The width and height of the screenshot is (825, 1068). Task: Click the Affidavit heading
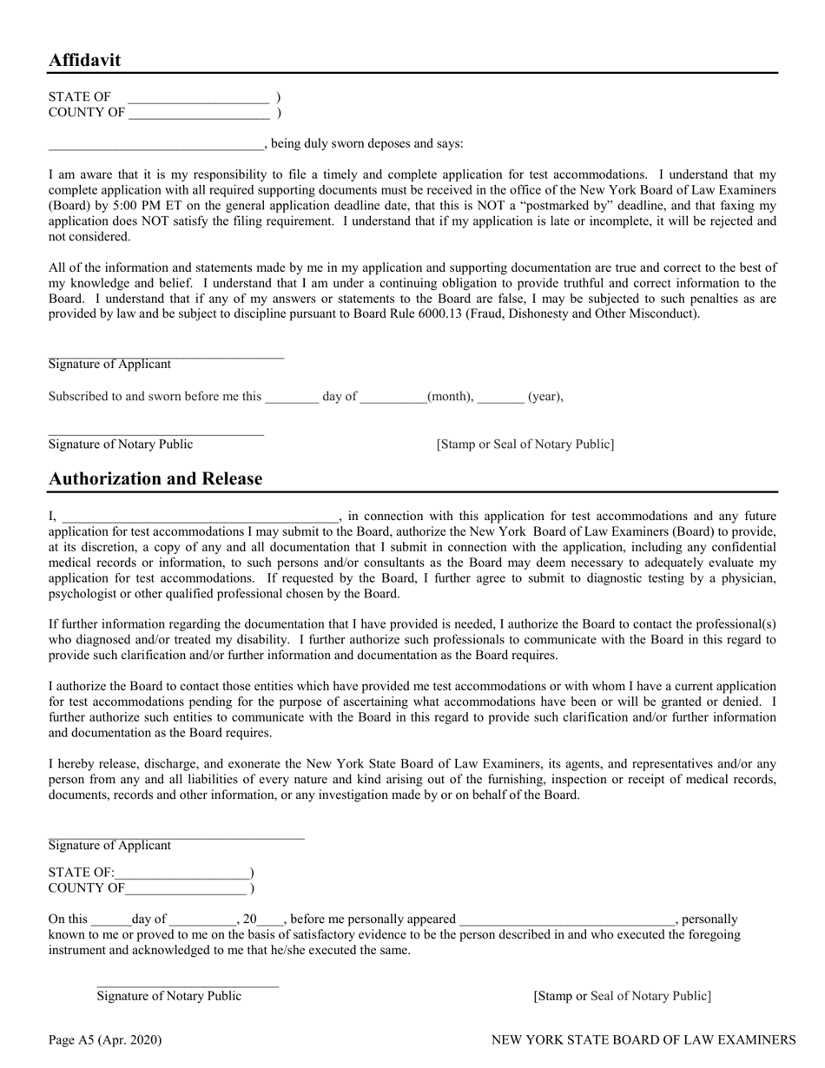(x=84, y=60)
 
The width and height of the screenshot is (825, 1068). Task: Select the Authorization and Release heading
(x=155, y=478)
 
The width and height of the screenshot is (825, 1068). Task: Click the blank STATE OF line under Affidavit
(x=198, y=98)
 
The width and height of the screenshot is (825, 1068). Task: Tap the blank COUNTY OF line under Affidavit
(x=199, y=113)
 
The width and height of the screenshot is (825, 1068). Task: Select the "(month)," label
(x=451, y=397)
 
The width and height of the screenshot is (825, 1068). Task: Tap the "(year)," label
(x=545, y=397)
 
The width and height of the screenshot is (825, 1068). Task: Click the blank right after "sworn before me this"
(x=292, y=398)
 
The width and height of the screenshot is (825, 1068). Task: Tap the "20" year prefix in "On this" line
(x=250, y=919)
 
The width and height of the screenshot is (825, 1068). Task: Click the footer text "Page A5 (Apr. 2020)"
(x=104, y=1039)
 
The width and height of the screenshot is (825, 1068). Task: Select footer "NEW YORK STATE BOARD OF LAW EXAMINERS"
(x=643, y=1039)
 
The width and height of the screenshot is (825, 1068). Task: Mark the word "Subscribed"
(x=79, y=397)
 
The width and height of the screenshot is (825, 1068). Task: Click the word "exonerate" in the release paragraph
(x=245, y=764)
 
